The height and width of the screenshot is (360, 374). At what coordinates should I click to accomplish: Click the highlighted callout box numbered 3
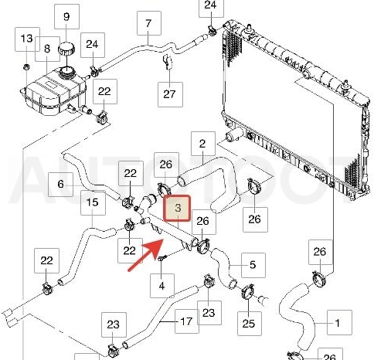click(178, 209)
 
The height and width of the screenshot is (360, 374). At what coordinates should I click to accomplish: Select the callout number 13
click(27, 39)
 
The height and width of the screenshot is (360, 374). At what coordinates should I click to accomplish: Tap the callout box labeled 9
click(66, 17)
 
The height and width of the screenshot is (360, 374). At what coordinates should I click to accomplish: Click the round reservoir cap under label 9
click(66, 49)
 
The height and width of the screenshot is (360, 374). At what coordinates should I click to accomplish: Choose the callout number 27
click(169, 94)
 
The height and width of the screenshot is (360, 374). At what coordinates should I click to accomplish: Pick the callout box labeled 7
click(149, 23)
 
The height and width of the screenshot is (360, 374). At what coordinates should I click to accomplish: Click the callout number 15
click(93, 202)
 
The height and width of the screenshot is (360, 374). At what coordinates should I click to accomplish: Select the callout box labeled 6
click(60, 185)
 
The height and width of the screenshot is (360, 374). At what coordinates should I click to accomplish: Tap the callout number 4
click(161, 286)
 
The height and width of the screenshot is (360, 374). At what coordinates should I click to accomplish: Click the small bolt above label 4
click(161, 258)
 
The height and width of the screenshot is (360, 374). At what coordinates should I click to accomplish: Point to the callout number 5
click(253, 265)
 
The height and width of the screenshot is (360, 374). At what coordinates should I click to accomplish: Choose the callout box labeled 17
click(187, 321)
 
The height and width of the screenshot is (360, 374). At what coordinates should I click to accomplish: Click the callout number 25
click(249, 324)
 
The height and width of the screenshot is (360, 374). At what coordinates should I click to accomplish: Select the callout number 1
click(338, 323)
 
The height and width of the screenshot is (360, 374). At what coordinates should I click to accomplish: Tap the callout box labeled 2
click(203, 144)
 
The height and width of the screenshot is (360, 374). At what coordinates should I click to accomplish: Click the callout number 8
click(47, 49)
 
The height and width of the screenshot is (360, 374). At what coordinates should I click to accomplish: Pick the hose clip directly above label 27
click(167, 62)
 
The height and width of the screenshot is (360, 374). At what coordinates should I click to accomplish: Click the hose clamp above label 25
click(248, 292)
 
